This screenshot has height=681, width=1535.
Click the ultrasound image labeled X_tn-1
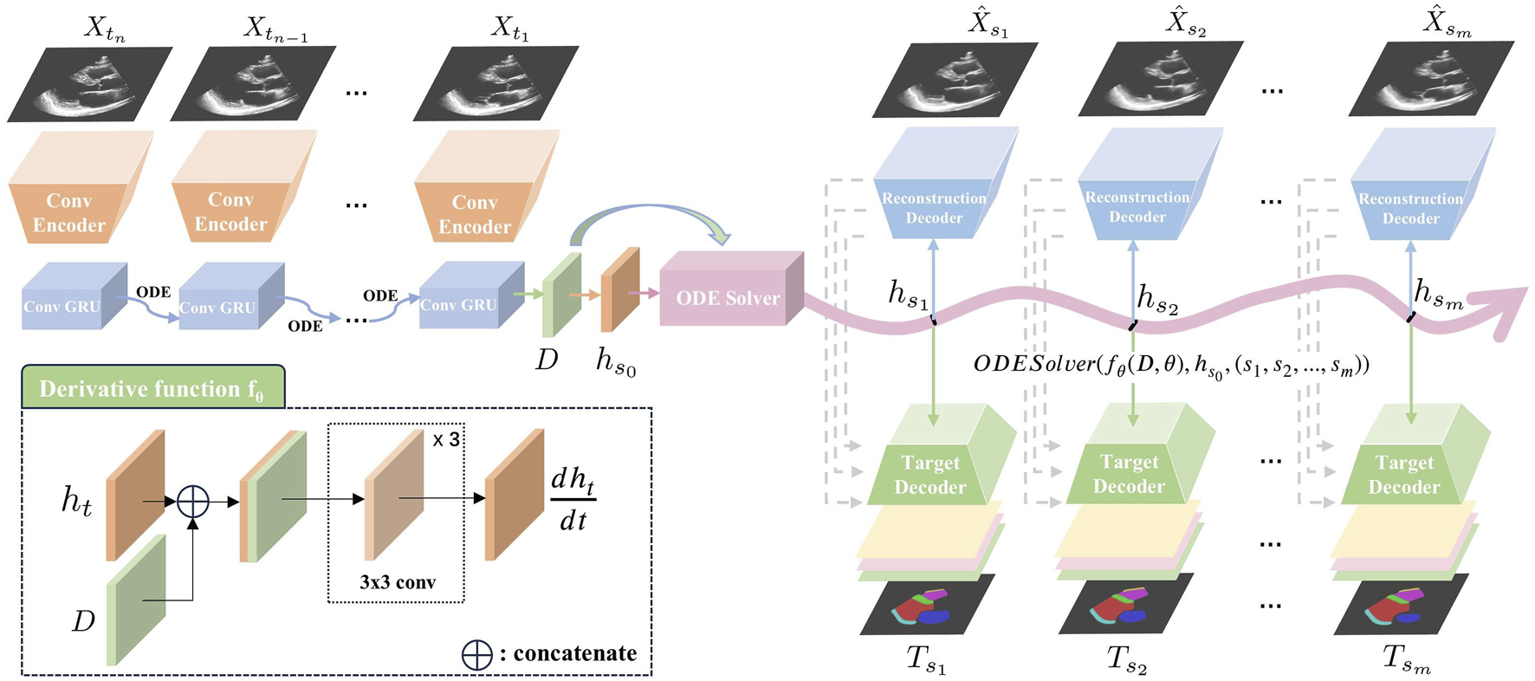point(253,84)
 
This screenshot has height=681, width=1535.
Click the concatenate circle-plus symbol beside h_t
point(193,501)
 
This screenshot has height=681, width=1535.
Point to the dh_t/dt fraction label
point(573,500)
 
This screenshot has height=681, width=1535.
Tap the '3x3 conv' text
point(397,582)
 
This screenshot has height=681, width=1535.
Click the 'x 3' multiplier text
point(446,439)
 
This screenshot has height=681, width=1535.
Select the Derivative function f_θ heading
point(152,389)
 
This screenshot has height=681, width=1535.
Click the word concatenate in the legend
point(574,653)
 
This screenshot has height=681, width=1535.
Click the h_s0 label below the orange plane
point(616,360)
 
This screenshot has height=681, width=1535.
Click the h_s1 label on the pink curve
point(907,295)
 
